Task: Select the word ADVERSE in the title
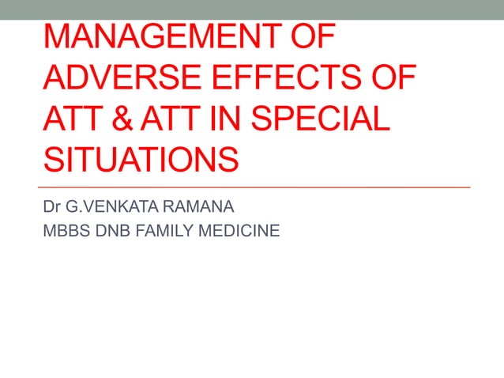[116, 80]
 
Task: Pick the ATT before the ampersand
[70, 120]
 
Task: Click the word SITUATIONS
[141, 161]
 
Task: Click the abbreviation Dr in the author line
[53, 209]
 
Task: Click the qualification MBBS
[66, 232]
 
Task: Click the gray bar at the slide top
[252, 9]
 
